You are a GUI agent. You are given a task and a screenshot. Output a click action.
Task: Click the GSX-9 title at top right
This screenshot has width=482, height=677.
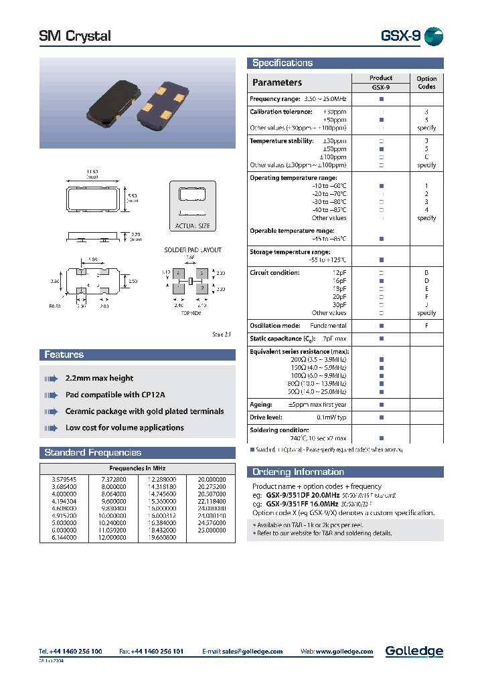tap(400, 36)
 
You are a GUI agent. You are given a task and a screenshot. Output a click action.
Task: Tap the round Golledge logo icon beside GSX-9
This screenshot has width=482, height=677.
tap(434, 36)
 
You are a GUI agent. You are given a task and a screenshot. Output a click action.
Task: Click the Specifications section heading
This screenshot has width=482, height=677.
tap(282, 63)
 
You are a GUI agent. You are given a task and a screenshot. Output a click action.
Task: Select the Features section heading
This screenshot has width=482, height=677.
tap(64, 355)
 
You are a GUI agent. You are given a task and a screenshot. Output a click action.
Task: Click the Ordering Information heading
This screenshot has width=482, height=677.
tap(298, 472)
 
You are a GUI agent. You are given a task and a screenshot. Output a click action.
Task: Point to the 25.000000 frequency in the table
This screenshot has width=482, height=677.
tap(212, 528)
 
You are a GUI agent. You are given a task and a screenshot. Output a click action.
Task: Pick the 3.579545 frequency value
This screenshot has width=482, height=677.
tap(64, 480)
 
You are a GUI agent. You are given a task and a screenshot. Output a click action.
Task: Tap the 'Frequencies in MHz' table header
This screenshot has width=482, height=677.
tap(138, 468)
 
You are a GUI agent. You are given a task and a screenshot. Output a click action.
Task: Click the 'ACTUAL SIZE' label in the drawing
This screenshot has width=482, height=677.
tap(192, 226)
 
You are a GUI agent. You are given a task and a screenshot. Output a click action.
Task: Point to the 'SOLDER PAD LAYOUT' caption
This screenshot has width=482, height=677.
tap(193, 250)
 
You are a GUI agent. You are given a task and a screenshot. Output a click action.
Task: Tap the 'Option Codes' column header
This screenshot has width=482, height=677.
tap(426, 82)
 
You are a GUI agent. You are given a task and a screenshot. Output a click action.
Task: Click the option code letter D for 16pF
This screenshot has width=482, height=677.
tap(426, 281)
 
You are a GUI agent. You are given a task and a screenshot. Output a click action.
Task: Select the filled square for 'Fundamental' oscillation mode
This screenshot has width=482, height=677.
tap(381, 326)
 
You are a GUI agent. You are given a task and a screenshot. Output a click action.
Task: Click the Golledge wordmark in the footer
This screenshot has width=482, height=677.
tap(414, 651)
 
